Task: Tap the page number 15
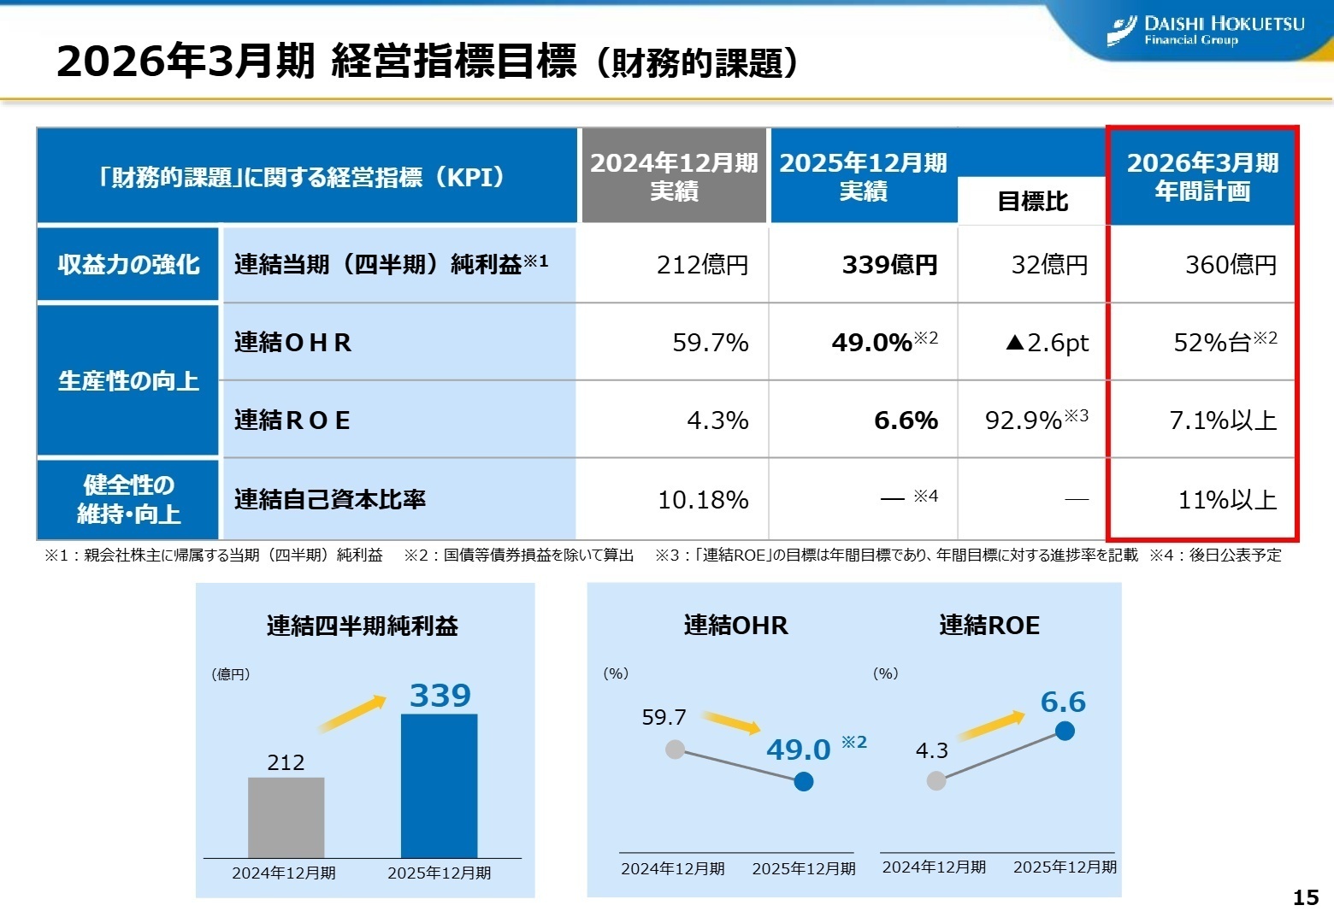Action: pyautogui.click(x=1305, y=897)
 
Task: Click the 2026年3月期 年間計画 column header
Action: pyautogui.click(x=1202, y=177)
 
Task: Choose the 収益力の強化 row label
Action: pyautogui.click(x=128, y=265)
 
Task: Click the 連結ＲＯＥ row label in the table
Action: pyautogui.click(x=292, y=420)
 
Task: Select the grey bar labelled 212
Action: pyautogui.click(x=286, y=817)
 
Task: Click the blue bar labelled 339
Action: pyautogui.click(x=439, y=785)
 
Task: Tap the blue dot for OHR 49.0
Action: pyautogui.click(x=804, y=781)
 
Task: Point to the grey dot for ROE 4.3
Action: pyautogui.click(x=936, y=780)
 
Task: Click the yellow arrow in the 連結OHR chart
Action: pyautogui.click(x=732, y=722)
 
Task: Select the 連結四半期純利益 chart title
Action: pyautogui.click(x=363, y=626)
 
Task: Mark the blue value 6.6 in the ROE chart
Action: pyautogui.click(x=1063, y=703)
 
